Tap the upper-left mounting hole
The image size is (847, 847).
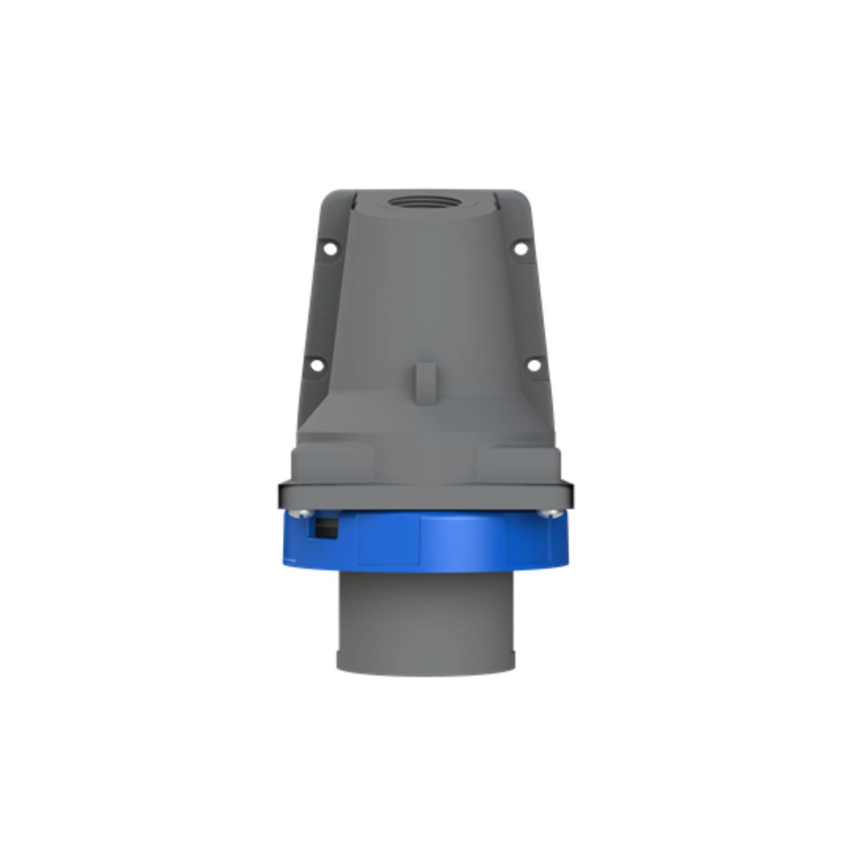(x=331, y=247)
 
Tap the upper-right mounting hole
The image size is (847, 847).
(x=520, y=247)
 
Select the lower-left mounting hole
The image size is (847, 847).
(x=317, y=365)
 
